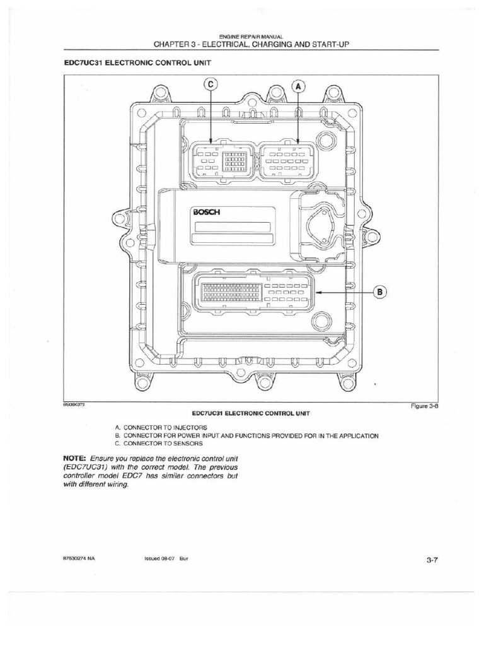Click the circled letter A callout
click(299, 88)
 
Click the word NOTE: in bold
click(75, 457)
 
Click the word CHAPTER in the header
click(163, 44)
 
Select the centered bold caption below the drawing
click(251, 412)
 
